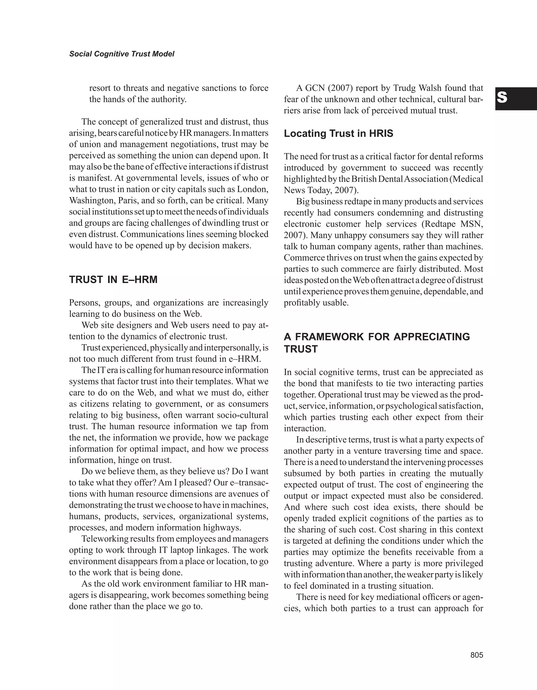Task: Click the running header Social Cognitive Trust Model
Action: tap(122, 54)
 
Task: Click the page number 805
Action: tap(477, 655)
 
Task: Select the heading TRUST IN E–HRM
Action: tap(113, 280)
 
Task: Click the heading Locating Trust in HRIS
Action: tap(338, 134)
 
